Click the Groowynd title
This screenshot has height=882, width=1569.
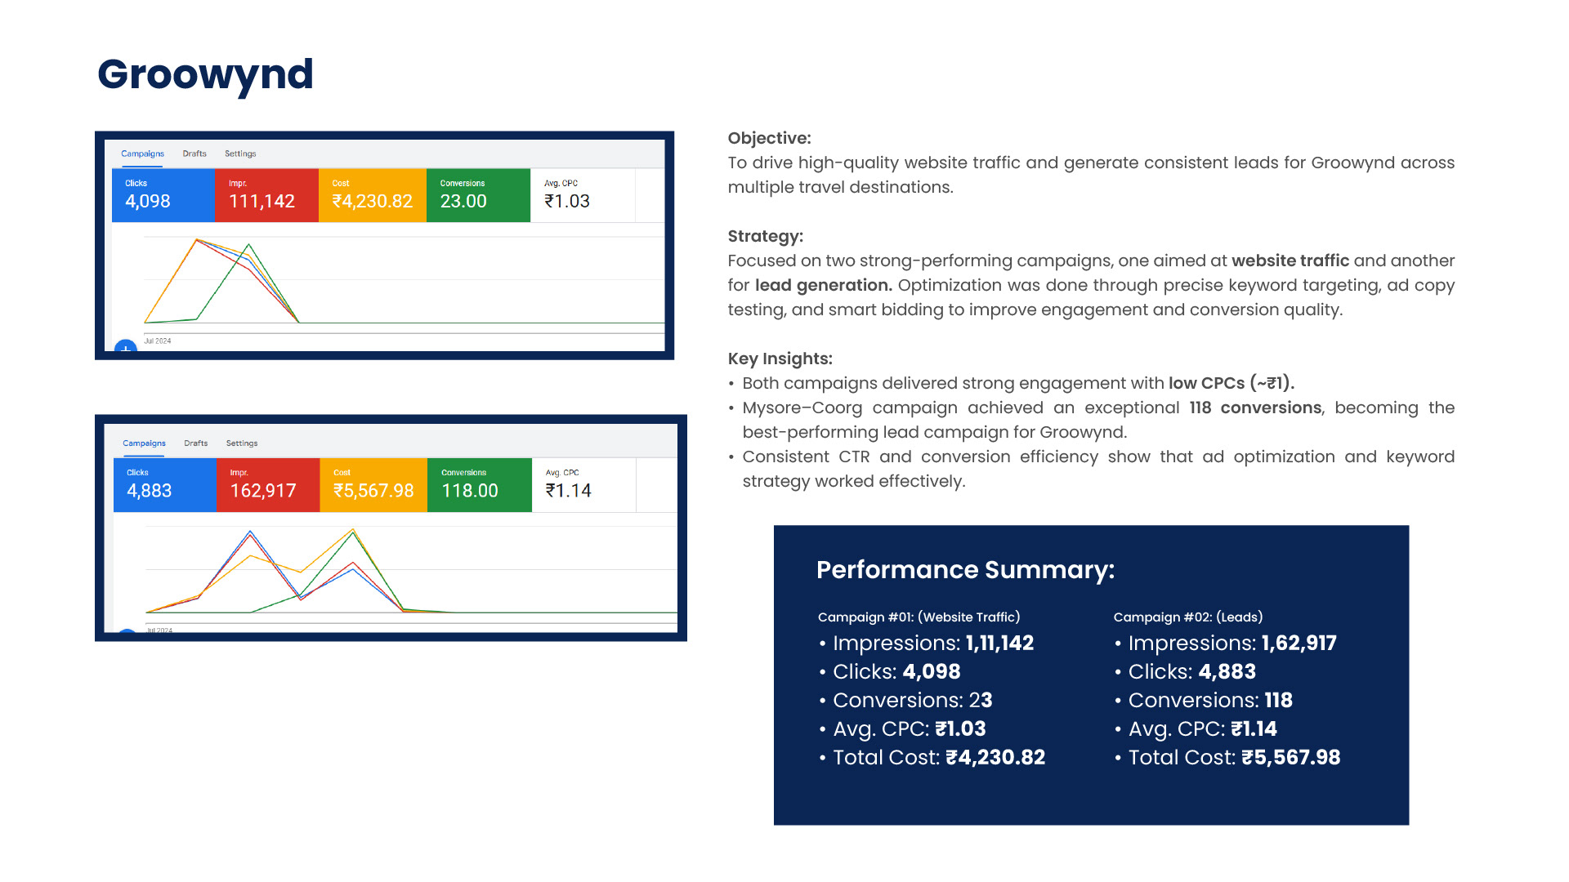pyautogui.click(x=205, y=75)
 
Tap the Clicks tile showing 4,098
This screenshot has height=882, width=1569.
pyautogui.click(x=163, y=195)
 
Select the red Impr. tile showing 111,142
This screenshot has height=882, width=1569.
pyautogui.click(x=266, y=195)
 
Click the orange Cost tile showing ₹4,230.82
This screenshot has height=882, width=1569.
pyautogui.click(x=373, y=195)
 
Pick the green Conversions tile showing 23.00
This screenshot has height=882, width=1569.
pyautogui.click(x=478, y=195)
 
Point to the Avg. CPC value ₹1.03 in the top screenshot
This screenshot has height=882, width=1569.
pyautogui.click(x=567, y=201)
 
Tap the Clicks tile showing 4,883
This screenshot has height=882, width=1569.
pyautogui.click(x=165, y=485)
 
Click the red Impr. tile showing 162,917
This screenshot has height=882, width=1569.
pyautogui.click(x=268, y=485)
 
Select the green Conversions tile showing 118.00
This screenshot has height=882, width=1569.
pyautogui.click(x=480, y=485)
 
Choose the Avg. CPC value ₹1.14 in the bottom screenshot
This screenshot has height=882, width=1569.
pyautogui.click(x=569, y=491)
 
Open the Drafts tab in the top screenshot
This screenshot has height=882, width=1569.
pyautogui.click(x=194, y=154)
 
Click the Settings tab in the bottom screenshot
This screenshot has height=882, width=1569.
pyautogui.click(x=242, y=443)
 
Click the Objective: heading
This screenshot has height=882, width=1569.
pyautogui.click(x=769, y=139)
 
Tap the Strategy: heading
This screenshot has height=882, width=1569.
pyautogui.click(x=766, y=237)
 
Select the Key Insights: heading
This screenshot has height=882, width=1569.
pyautogui.click(x=780, y=359)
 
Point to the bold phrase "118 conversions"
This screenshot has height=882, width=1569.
pyautogui.click(x=1255, y=408)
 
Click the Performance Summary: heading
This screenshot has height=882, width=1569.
pyautogui.click(x=965, y=570)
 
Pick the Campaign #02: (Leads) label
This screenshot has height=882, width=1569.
pyautogui.click(x=1188, y=617)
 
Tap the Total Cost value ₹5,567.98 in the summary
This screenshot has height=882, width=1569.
pyautogui.click(x=1291, y=758)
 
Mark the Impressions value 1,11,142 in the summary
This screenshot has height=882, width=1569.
pyautogui.click(x=1000, y=644)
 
